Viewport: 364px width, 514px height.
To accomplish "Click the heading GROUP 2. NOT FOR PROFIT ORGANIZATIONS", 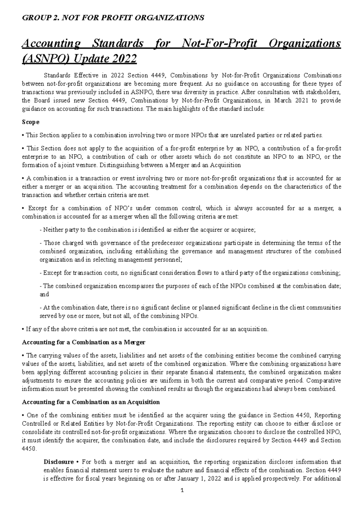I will (113, 18).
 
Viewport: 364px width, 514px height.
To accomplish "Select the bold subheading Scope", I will (31, 122).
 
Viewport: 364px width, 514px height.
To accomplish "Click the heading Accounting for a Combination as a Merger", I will (84, 342).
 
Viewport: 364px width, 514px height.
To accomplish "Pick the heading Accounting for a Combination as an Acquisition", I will (91, 402).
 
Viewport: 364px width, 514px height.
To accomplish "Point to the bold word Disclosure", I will (59, 462).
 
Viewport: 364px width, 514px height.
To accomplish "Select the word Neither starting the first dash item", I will (52, 230).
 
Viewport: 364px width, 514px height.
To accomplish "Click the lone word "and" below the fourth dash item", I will (44, 294).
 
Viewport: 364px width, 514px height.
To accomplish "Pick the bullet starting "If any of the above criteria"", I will (145, 329).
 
